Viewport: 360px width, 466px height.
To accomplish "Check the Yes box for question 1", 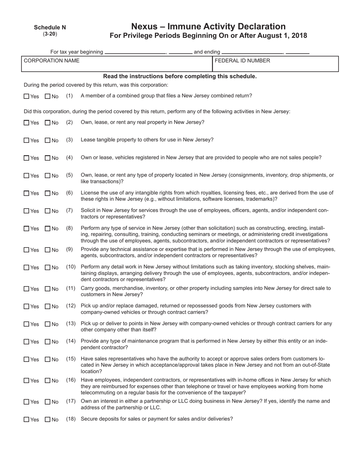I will [26, 96].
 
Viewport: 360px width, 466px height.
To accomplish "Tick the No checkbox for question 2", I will [47, 123].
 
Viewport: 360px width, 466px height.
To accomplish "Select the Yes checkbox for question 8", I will [26, 229].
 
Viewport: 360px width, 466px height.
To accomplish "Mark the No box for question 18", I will [47, 419].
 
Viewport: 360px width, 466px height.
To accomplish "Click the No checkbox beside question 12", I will [47, 306].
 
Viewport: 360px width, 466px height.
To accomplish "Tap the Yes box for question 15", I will [26, 359].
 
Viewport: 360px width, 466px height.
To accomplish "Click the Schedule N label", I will [50, 27].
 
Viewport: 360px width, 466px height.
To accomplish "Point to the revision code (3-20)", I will [50, 34].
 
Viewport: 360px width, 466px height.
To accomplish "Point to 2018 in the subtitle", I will [299, 36].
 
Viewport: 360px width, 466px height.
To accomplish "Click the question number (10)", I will [71, 267].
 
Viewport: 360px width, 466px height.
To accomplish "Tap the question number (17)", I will [71, 401].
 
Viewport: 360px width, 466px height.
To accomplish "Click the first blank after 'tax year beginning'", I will [135, 52].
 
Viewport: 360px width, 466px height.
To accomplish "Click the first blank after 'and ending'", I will [252, 52].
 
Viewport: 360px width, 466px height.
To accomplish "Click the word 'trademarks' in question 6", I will [261, 199].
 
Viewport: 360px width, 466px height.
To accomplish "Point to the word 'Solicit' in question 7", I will [89, 210].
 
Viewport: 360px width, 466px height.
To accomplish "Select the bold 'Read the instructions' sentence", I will [180, 76].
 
